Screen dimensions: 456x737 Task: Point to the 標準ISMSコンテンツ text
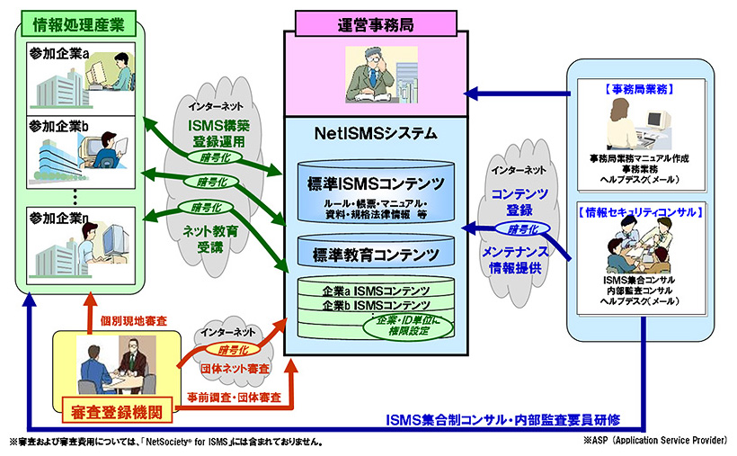(377, 184)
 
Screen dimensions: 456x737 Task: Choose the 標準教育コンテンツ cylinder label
(376, 253)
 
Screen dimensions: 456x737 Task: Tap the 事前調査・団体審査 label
(234, 396)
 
